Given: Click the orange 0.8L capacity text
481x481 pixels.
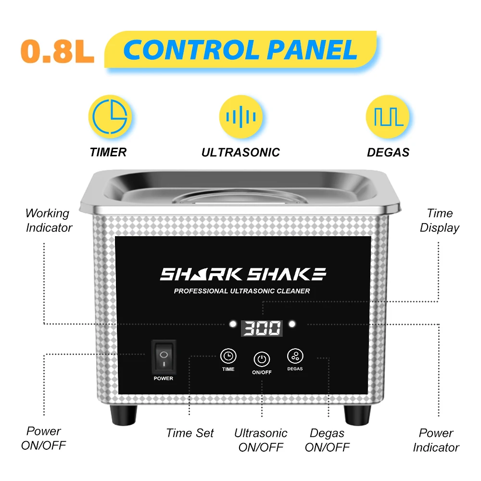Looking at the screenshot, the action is tap(57, 51).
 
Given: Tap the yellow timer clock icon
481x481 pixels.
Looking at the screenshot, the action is tap(110, 116).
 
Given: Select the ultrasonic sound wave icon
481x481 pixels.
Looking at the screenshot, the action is tap(241, 116).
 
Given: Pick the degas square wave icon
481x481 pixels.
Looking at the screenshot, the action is tap(388, 116).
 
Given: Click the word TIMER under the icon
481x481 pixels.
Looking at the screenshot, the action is tap(108, 152).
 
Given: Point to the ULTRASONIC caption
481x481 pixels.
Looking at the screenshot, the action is tap(240, 152).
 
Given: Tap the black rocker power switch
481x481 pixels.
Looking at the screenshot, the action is tap(164, 356).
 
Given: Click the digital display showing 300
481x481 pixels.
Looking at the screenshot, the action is tap(262, 328).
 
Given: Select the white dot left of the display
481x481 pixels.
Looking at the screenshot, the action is tap(233, 324).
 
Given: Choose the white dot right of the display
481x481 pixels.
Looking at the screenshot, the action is tap(292, 324).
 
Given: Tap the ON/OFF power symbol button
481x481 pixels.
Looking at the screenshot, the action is tap(262, 359).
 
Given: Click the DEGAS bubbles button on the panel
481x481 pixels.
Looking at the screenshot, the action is tap(295, 356).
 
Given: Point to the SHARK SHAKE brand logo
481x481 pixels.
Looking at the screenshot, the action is tap(243, 274).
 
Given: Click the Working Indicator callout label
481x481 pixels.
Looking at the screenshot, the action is tap(49, 221).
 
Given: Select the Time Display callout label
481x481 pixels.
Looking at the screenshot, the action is tap(439, 221).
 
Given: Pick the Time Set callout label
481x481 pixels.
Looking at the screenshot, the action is tap(190, 433).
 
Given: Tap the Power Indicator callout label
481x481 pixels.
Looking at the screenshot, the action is tap(436, 440).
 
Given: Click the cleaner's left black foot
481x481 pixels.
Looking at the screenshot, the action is tap(124, 415).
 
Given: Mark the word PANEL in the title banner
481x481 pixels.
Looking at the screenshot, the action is tap(312, 50).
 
